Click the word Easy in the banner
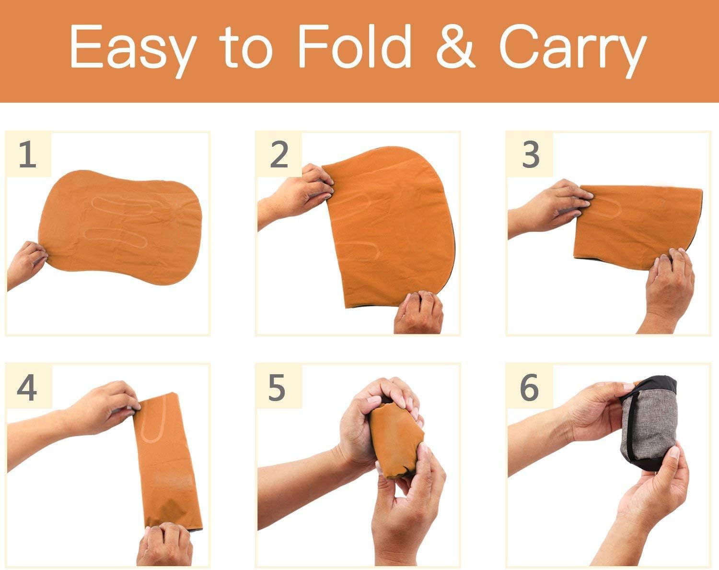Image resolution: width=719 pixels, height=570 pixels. [x=133, y=50]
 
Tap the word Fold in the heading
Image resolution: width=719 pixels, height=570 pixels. [x=354, y=46]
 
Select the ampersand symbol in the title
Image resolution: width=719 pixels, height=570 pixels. [x=455, y=46]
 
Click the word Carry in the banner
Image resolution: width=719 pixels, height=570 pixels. [x=573, y=50]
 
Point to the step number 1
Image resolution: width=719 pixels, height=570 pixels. [x=27, y=154]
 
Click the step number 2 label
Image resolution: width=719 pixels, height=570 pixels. [x=278, y=154]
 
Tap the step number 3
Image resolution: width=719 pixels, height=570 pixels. [x=530, y=154]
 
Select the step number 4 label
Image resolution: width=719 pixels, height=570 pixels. [x=27, y=387]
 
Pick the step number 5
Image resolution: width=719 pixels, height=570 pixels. [x=277, y=387]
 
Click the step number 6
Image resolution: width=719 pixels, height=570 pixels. [x=529, y=387]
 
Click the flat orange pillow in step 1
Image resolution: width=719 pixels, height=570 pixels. [x=120, y=227]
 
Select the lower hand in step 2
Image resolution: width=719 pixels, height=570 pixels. [x=419, y=313]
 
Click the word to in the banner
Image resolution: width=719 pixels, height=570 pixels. [x=246, y=46]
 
